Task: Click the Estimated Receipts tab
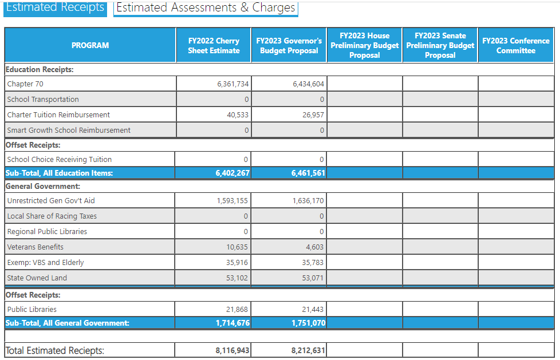click(55, 8)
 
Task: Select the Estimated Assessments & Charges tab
click(206, 8)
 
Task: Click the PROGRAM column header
click(90, 45)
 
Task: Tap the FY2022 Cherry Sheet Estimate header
click(214, 45)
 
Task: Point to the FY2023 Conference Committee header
click(515, 45)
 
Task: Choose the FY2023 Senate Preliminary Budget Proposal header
click(440, 45)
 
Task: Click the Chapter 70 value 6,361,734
click(233, 84)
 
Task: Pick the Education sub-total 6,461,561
click(308, 173)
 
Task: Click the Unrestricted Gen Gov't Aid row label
click(51, 201)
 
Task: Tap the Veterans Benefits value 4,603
click(315, 247)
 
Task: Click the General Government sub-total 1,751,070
click(308, 323)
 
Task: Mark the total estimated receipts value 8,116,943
click(232, 350)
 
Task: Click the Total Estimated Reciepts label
click(55, 350)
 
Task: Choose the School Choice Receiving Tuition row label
click(60, 160)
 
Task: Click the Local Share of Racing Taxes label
click(52, 216)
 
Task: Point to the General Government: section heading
click(42, 186)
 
